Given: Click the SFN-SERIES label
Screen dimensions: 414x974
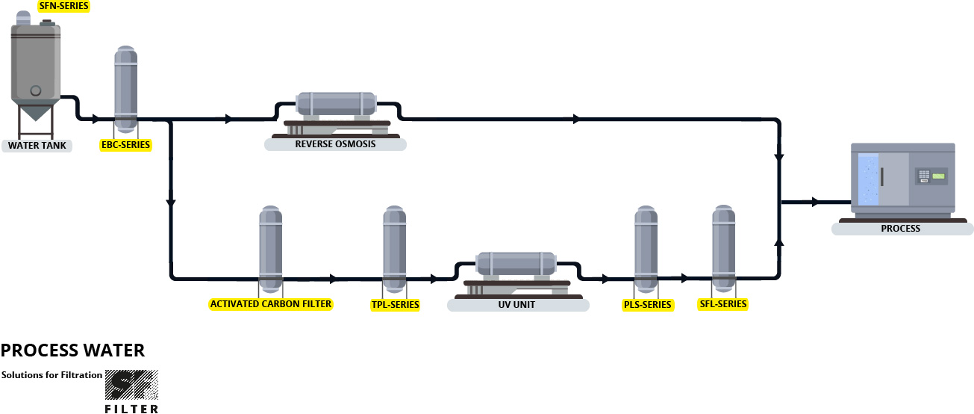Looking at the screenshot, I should pyautogui.click(x=63, y=6).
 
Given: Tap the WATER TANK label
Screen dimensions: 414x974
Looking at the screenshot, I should pyautogui.click(x=37, y=145).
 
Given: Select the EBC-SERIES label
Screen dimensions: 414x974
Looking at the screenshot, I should pyautogui.click(x=125, y=144).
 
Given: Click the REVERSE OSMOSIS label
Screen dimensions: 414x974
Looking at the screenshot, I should pyautogui.click(x=335, y=143).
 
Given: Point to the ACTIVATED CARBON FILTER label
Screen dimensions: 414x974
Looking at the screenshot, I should pyautogui.click(x=271, y=304).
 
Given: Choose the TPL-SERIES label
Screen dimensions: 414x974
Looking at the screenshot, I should pyautogui.click(x=395, y=305).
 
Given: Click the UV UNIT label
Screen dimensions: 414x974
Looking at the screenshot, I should pyautogui.click(x=518, y=305).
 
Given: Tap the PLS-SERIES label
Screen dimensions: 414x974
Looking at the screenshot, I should pyautogui.click(x=647, y=305).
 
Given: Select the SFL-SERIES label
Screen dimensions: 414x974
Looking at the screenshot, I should pyautogui.click(x=722, y=304).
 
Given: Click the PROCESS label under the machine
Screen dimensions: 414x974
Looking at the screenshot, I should pyautogui.click(x=900, y=228).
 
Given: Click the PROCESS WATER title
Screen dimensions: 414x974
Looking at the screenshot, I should pyautogui.click(x=72, y=350).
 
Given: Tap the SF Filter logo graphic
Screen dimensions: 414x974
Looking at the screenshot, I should pyautogui.click(x=131, y=386).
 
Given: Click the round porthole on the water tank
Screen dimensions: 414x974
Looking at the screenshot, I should pyautogui.click(x=35, y=90).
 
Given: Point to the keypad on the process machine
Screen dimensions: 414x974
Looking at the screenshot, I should pyautogui.click(x=924, y=176).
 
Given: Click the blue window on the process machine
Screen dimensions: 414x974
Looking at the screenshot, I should pyautogui.click(x=869, y=179).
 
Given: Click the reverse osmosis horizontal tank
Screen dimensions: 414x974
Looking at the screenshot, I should pyautogui.click(x=335, y=103).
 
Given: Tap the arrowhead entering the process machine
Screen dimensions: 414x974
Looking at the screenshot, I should pyautogui.click(x=815, y=202).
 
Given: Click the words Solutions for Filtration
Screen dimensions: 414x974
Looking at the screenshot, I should pyautogui.click(x=51, y=374).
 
